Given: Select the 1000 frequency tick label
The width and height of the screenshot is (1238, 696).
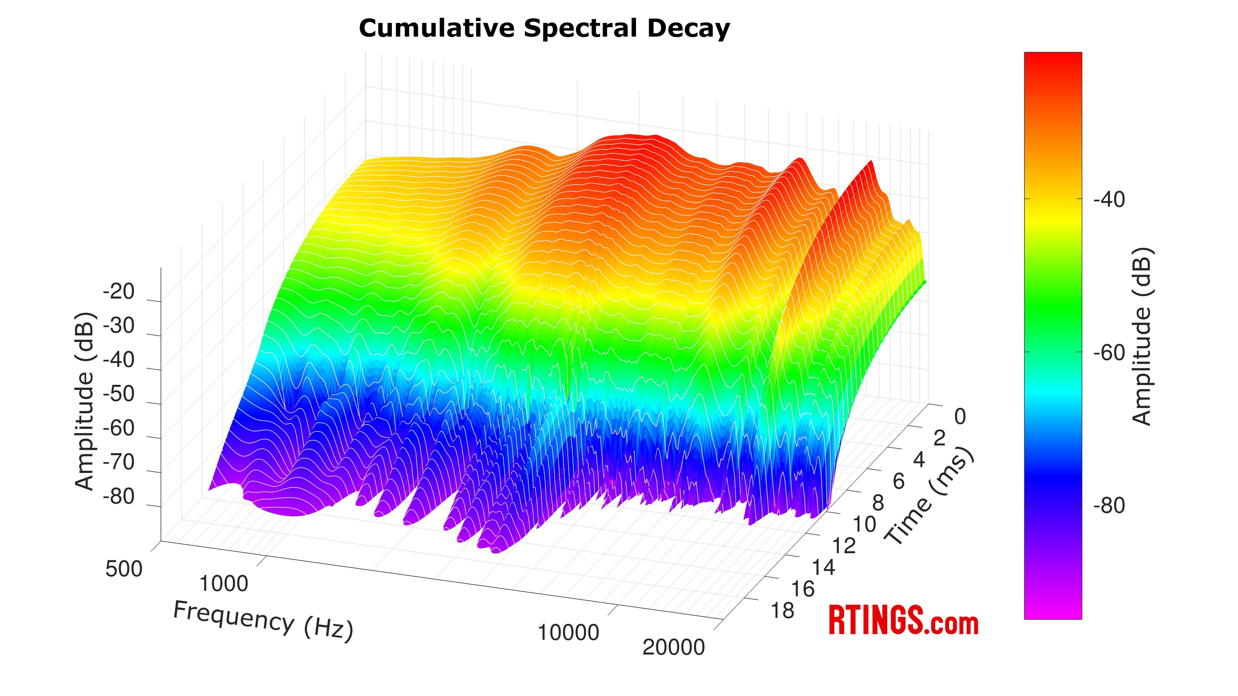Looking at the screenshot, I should click(223, 584).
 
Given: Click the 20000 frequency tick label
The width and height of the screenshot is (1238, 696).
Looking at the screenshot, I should click(673, 647).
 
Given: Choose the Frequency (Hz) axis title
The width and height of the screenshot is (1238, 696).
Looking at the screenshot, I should click(263, 621).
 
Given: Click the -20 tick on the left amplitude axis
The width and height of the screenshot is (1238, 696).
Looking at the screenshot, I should click(119, 292).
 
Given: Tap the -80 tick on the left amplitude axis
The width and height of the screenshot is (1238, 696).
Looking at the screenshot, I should click(119, 497).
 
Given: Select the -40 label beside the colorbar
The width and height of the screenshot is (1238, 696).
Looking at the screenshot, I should click(1109, 200).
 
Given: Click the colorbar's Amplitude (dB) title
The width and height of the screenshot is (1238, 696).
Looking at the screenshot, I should click(1142, 336).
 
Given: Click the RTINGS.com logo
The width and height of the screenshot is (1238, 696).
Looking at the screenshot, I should click(903, 621).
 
